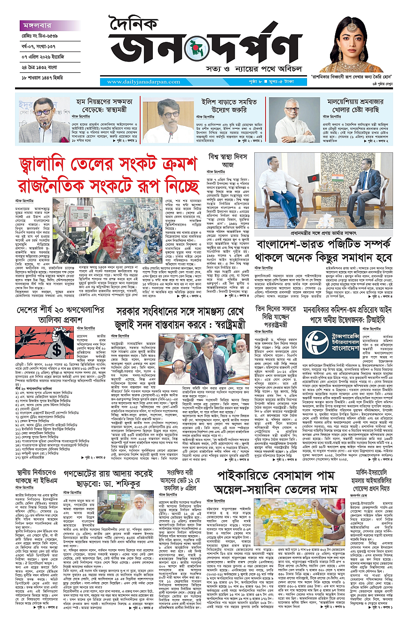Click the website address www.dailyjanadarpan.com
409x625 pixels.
[142, 82]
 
